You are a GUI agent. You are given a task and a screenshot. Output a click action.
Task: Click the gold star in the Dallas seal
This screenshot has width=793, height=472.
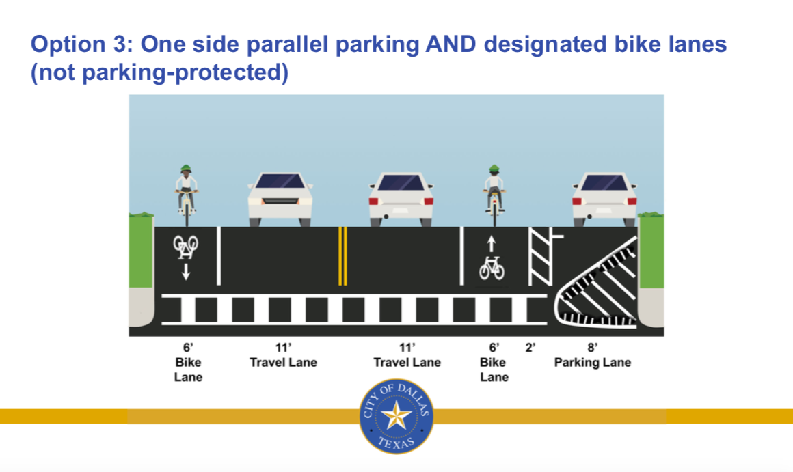point(396,415)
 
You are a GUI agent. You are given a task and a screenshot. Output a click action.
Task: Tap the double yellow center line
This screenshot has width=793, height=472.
point(342,255)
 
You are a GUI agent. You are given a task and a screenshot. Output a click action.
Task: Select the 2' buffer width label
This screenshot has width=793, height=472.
point(530,347)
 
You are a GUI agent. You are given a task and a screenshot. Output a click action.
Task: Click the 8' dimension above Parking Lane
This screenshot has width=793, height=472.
point(592,347)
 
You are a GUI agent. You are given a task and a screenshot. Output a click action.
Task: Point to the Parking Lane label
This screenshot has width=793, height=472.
point(592,363)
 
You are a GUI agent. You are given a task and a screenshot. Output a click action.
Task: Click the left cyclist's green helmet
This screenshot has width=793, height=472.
point(186,168)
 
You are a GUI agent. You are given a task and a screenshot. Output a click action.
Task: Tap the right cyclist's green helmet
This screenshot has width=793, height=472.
point(494,168)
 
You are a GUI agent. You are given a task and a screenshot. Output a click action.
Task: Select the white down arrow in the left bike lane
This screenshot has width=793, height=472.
point(186,272)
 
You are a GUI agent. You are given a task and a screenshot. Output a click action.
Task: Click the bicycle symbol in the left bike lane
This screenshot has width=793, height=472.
point(186,245)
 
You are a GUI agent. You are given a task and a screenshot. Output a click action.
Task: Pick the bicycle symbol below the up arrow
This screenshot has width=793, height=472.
point(492,268)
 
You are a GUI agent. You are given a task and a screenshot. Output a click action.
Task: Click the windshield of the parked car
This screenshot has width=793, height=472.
point(604,182)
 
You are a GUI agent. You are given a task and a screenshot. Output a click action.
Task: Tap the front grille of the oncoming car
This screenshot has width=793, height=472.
point(280,201)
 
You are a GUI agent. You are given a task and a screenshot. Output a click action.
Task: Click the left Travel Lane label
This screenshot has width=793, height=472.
point(283,363)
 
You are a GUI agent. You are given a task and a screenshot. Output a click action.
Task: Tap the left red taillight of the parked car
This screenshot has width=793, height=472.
point(576,202)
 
